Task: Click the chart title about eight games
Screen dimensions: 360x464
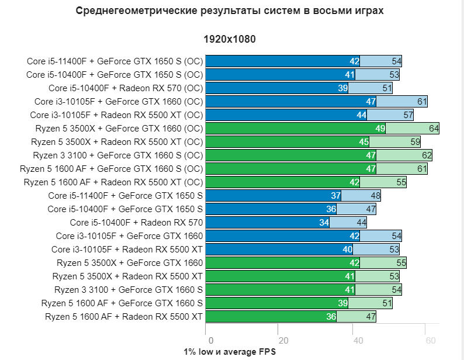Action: coord(230,11)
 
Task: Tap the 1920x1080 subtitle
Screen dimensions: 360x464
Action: coord(230,40)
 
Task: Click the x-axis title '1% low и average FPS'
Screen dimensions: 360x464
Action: coord(229,352)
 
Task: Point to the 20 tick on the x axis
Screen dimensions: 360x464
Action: coord(283,341)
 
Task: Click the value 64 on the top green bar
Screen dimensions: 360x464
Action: coord(434,129)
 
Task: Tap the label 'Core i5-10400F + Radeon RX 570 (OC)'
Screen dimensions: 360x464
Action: coord(126,88)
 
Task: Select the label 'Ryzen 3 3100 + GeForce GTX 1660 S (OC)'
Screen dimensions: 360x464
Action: coord(117,155)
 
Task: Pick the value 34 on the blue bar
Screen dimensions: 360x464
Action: coord(324,223)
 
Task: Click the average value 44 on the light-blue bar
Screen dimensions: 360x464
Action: coord(361,223)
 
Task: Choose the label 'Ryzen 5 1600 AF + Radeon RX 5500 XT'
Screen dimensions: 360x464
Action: coord(124,317)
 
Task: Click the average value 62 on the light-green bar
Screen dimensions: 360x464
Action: coord(427,155)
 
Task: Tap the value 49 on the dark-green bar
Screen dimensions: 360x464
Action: coord(380,129)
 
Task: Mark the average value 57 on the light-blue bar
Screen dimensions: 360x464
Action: coord(408,115)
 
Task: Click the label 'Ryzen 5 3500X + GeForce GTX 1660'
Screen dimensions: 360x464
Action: coord(130,263)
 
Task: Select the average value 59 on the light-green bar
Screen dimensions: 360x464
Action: coord(415,142)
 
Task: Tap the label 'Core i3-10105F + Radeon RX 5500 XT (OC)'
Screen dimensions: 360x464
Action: coord(116,115)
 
